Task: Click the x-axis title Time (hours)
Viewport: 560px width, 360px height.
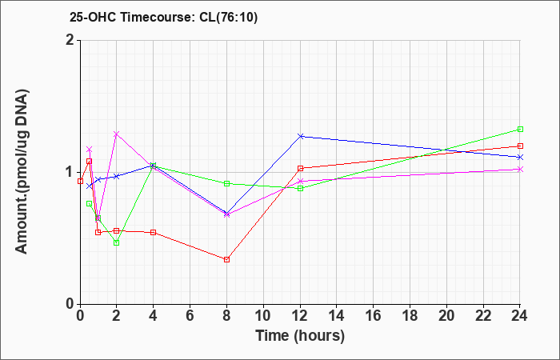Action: click(x=300, y=335)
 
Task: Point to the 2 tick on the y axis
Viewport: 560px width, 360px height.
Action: click(x=70, y=40)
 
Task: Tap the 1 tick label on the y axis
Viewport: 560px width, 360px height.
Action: click(x=70, y=172)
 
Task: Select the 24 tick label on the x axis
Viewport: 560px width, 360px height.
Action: click(x=520, y=317)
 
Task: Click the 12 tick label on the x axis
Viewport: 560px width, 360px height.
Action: click(x=300, y=317)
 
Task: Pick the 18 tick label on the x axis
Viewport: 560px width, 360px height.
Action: click(x=410, y=317)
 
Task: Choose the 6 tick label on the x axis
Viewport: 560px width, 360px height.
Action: click(x=190, y=317)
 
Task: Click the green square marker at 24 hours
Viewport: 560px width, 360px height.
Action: click(x=520, y=129)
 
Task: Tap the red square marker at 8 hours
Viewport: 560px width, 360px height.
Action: click(x=227, y=259)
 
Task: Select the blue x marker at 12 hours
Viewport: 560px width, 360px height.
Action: click(x=301, y=136)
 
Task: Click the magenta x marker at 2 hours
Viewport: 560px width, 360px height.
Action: click(x=117, y=134)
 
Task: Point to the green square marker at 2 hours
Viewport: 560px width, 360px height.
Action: click(x=117, y=242)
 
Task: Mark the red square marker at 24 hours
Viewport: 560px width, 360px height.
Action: click(x=520, y=146)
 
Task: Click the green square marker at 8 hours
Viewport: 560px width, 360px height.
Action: click(x=227, y=183)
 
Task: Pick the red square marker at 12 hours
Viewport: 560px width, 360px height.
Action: click(x=301, y=168)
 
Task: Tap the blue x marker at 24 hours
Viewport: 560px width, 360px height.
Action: click(x=520, y=157)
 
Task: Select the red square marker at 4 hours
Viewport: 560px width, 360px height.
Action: click(x=154, y=232)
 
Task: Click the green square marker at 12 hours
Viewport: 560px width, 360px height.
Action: click(x=301, y=188)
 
